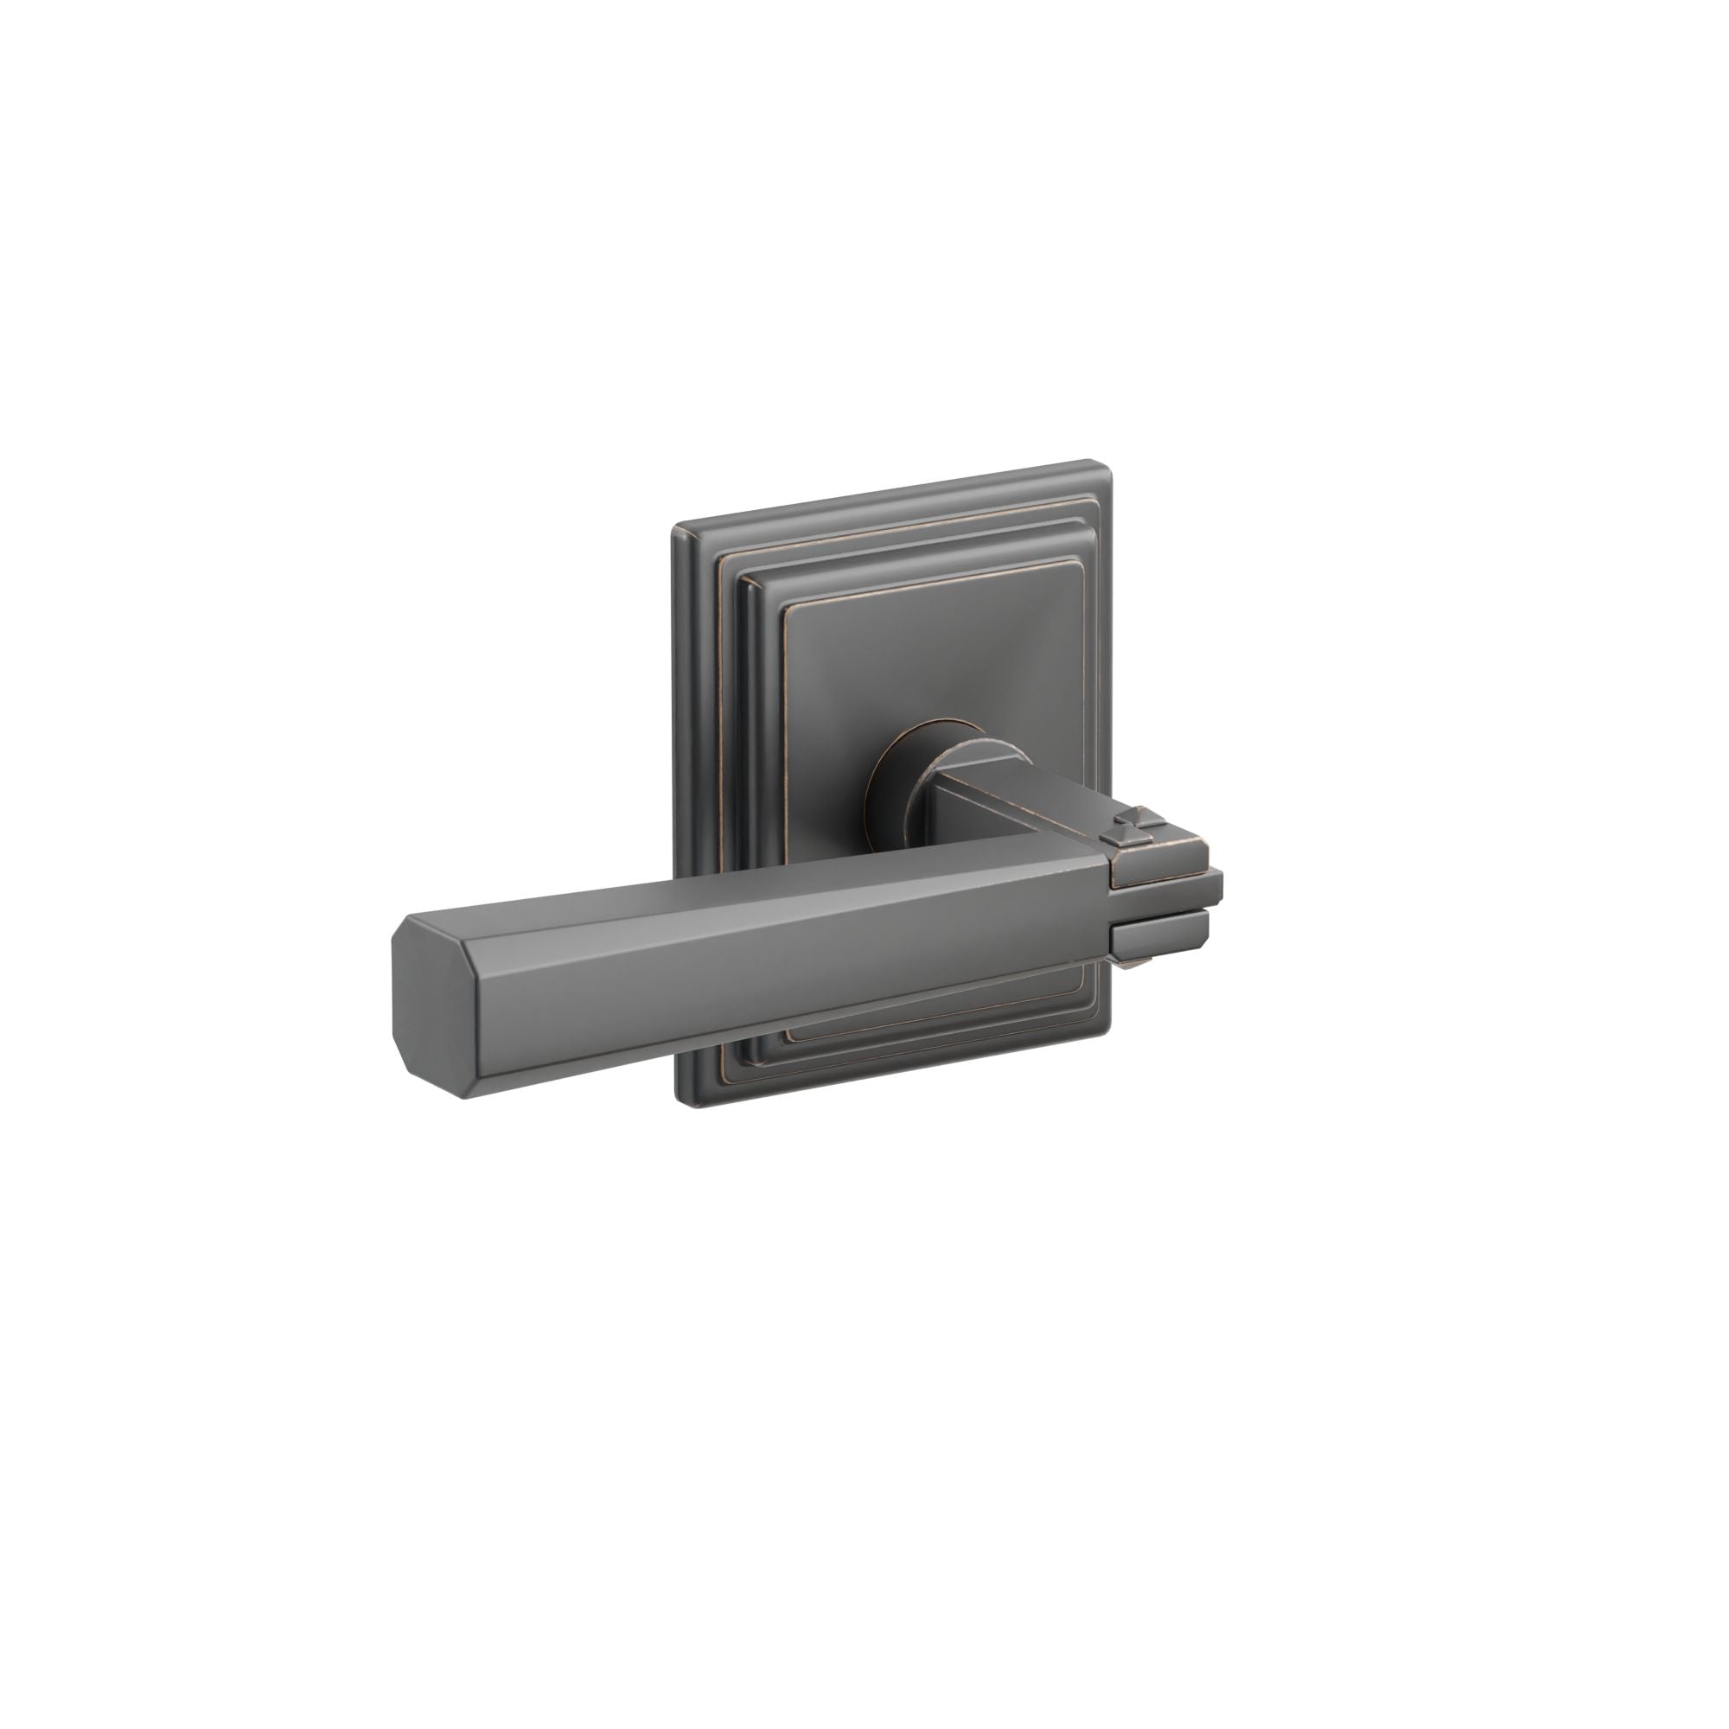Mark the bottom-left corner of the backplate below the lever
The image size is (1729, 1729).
pos(682,1102)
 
